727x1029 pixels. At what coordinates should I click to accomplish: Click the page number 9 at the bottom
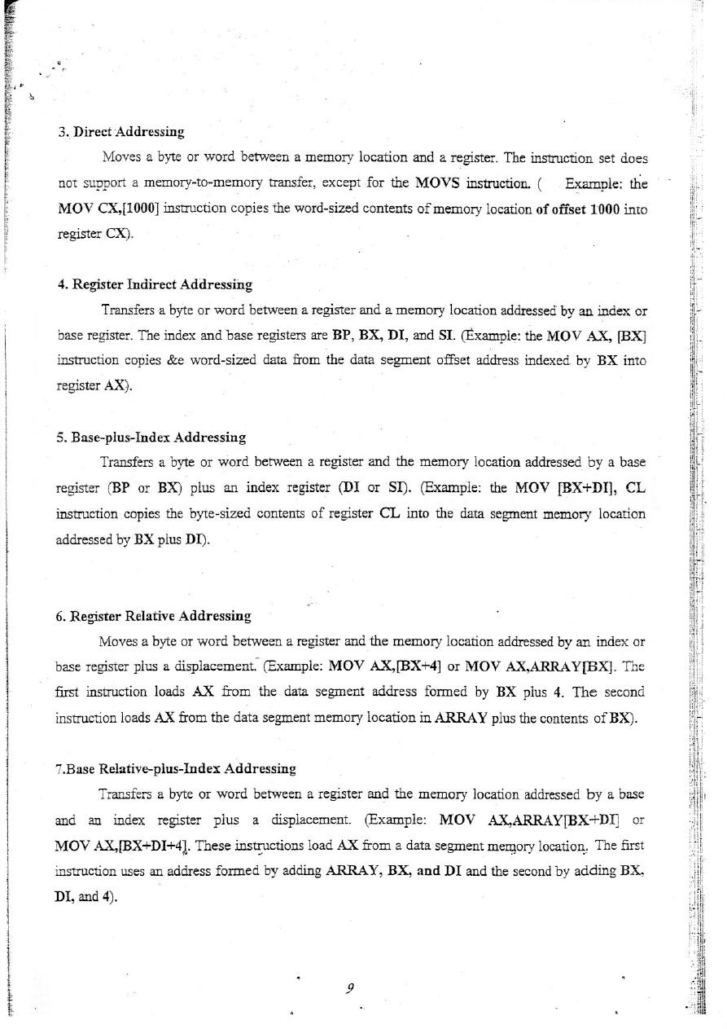pyautogui.click(x=348, y=988)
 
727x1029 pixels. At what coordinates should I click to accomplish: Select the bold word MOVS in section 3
pyautogui.click(x=440, y=182)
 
